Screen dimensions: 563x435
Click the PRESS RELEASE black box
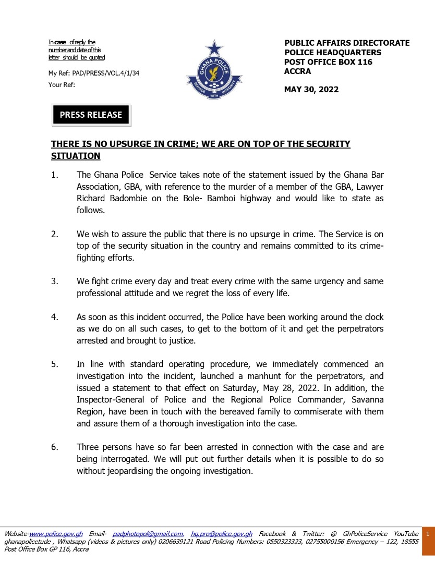pyautogui.click(x=91, y=115)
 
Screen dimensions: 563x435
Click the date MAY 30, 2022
pyautogui.click(x=311, y=89)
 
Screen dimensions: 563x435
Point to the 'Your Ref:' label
pyautogui.click(x=62, y=84)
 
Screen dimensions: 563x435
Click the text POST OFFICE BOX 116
pyautogui.click(x=328, y=62)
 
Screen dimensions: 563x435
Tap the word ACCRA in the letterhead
pyautogui.click(x=297, y=71)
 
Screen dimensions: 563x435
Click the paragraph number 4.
pyautogui.click(x=54, y=317)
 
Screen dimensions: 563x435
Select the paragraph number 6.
pyautogui.click(x=54, y=447)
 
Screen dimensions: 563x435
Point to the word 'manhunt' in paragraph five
pyautogui.click(x=289, y=376)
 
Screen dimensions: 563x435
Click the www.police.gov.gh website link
pyautogui.click(x=56, y=534)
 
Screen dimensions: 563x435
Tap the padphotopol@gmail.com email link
pyautogui.click(x=148, y=534)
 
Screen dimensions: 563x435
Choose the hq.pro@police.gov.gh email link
pyautogui.click(x=222, y=534)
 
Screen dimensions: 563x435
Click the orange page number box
pyautogui.click(x=428, y=534)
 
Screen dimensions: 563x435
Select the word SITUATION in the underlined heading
pyautogui.click(x=76, y=156)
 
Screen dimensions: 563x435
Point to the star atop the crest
pyautogui.click(x=213, y=48)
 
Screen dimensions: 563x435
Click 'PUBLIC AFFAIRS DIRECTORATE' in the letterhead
pyautogui.click(x=347, y=43)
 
